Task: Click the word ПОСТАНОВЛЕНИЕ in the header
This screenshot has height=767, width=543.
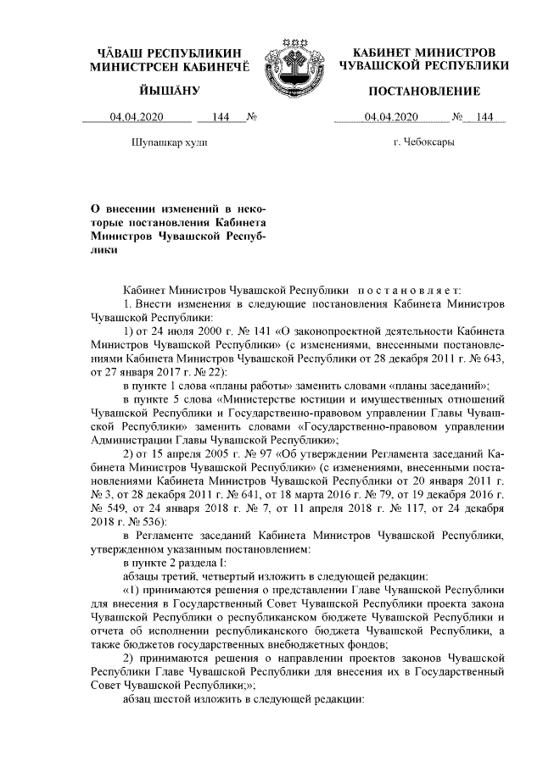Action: pos(424,91)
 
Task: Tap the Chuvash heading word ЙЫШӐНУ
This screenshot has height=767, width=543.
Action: pos(145,91)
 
